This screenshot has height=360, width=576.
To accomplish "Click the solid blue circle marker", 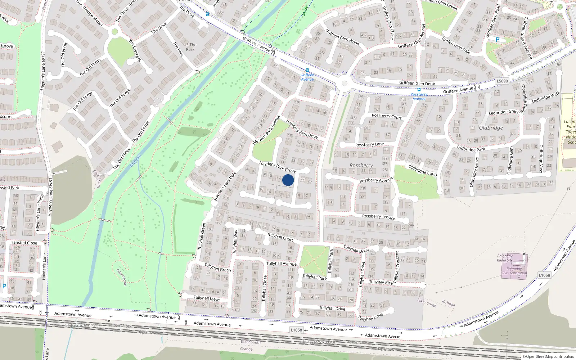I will coord(288,180).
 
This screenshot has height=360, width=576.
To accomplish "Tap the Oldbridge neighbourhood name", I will coord(491,128).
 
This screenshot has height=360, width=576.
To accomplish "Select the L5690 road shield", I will coord(502,81).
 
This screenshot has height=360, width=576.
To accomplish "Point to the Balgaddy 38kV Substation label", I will coord(514,271).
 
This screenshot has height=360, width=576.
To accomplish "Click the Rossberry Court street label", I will coord(386,116).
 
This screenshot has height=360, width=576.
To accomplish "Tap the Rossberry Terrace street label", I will coord(378,217).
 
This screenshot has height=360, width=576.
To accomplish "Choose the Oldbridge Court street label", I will coord(423,170).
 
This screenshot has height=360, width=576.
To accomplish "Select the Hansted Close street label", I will coord(24,243).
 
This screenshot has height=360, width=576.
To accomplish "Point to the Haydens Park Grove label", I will coord(277,167).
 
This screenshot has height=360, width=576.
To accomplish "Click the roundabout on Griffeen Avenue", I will coord(345,84).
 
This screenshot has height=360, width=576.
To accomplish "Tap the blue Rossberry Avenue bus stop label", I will coord(419,96).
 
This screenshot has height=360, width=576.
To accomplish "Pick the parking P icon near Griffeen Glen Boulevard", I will coord(498,40).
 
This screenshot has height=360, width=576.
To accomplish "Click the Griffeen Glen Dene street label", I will coord(417,83).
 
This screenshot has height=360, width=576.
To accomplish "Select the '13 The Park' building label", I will coord(190,47).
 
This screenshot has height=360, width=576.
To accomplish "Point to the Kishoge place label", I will coord(449,303).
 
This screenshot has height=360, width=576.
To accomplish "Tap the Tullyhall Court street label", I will coord(280,237).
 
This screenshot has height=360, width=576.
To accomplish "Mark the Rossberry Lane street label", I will coord(369,144).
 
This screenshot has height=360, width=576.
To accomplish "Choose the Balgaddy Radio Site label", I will coord(505,258).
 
